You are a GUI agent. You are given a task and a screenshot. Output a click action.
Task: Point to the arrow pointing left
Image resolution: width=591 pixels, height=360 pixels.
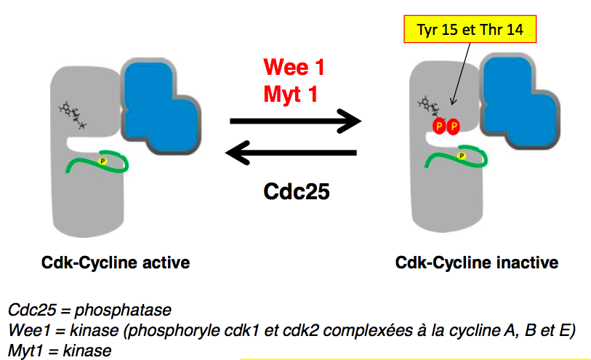[291, 153]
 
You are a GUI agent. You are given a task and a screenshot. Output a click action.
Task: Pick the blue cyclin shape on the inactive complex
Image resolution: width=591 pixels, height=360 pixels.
[520, 102]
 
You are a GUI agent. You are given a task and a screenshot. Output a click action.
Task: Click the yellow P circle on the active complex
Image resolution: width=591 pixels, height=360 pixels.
[102, 160]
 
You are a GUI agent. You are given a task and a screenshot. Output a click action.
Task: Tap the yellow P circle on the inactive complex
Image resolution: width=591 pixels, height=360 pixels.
[461, 156]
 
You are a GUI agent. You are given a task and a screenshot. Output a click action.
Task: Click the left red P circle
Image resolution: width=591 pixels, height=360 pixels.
[438, 127]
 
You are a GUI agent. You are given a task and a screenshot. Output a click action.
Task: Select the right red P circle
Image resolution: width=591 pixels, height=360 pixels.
[454, 127]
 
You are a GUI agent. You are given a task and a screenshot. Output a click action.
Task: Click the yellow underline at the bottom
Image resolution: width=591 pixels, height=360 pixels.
[414, 358]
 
